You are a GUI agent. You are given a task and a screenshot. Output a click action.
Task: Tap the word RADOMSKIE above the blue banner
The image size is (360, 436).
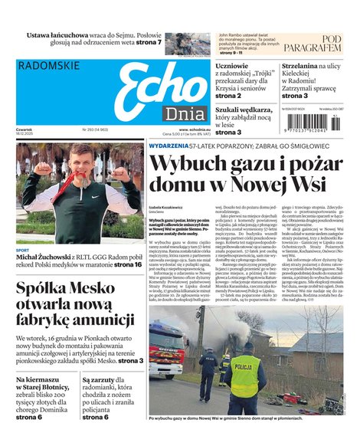click(47, 66)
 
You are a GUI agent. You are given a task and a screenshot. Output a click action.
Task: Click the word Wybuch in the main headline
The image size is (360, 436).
click(192, 165)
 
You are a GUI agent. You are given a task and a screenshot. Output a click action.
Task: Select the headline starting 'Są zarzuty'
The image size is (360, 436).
click(108, 379)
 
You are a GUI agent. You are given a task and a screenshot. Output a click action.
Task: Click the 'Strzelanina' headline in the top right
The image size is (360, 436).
click(310, 67)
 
